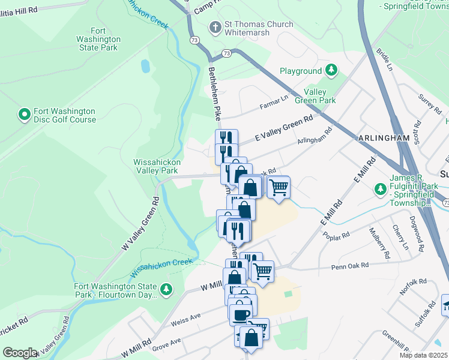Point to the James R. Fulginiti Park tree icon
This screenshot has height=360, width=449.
tap(380, 189)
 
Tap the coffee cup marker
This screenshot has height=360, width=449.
tap(241, 315)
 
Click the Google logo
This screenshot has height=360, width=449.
tap(20, 353)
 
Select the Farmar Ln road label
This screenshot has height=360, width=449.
tap(274, 102)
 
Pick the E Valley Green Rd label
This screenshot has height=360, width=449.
tap(284, 127)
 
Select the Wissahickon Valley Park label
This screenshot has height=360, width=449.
tap(155, 166)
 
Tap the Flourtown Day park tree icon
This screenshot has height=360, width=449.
tap(166, 290)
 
